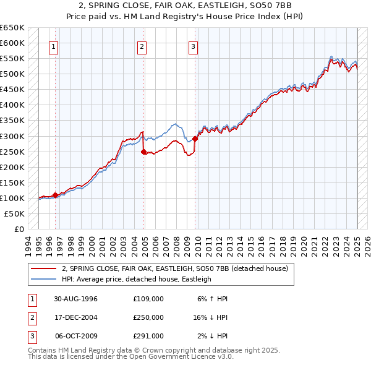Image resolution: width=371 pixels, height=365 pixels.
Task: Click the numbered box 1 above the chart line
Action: (x=54, y=46)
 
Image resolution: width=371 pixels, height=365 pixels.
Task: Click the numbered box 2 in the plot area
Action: (x=142, y=46)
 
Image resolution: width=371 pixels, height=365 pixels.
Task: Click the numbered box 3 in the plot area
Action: (x=194, y=46)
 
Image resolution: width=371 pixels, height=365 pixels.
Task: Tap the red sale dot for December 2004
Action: (x=143, y=151)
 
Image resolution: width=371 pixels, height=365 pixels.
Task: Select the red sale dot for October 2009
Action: (x=195, y=139)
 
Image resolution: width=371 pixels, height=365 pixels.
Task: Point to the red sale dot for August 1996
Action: (x=55, y=195)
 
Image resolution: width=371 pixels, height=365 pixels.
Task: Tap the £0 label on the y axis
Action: (x=19, y=229)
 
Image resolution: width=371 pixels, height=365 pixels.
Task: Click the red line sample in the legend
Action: (x=43, y=269)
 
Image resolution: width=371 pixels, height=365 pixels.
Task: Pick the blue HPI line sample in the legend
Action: (x=43, y=279)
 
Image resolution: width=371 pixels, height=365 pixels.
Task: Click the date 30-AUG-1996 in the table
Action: (x=76, y=298)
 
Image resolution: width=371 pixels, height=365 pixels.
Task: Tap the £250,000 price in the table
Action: (x=148, y=317)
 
